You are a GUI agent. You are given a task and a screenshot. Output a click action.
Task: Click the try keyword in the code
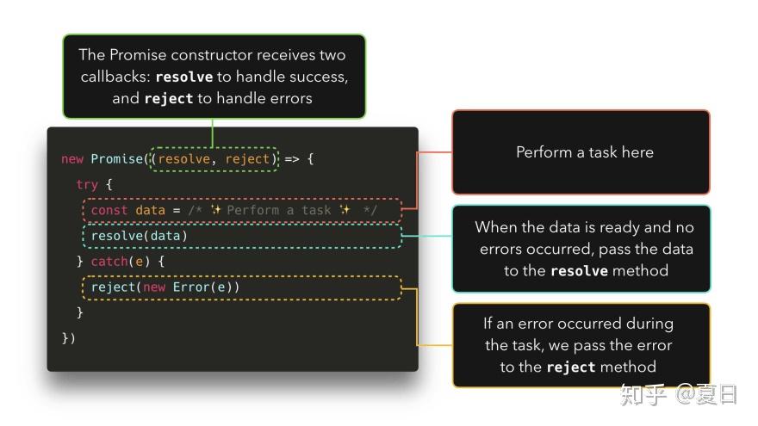(87, 184)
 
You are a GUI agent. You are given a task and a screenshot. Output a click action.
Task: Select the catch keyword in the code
(109, 262)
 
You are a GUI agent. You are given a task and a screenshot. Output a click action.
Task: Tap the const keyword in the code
(109, 210)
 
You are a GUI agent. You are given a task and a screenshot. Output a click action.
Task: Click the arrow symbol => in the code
(291, 159)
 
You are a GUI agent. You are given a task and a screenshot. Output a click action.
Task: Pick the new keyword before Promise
(72, 159)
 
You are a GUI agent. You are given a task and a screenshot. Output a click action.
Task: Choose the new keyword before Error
(154, 287)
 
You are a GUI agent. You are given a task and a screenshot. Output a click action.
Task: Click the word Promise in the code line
(117, 159)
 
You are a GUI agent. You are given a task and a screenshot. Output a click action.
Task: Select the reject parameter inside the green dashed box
(247, 159)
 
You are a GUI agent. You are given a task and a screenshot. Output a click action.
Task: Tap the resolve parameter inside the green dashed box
(184, 159)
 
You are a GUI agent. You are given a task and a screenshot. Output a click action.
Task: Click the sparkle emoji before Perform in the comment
(215, 210)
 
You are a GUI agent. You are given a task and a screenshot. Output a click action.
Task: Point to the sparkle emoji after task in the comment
(345, 210)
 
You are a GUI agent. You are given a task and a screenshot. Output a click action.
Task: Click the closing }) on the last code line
(69, 338)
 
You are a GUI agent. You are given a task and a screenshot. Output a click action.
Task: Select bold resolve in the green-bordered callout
(184, 77)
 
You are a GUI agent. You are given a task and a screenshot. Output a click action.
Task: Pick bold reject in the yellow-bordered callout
(571, 367)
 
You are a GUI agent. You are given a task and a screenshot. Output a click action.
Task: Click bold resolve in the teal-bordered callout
(579, 270)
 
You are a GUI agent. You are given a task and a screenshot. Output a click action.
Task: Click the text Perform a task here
(585, 152)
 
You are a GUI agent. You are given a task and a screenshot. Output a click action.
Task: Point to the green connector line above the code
(212, 133)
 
